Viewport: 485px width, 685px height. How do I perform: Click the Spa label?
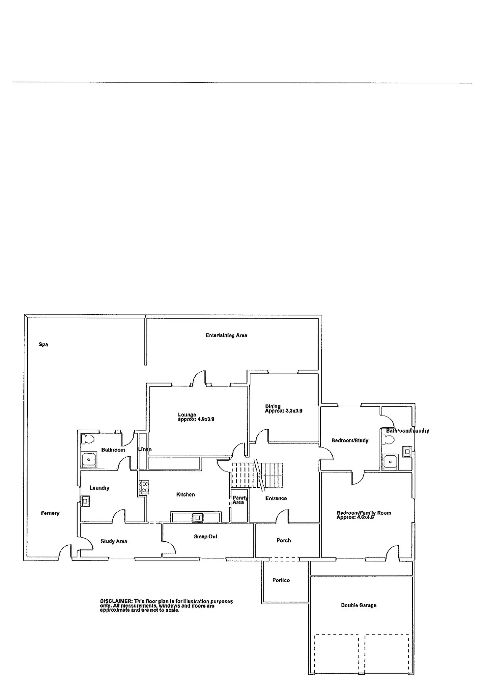[x=43, y=344]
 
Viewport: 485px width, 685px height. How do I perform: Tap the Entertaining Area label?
[x=226, y=335]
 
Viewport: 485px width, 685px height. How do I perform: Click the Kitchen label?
[x=185, y=494]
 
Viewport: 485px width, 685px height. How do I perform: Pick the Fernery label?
[x=50, y=513]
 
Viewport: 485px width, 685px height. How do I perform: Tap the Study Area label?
[x=114, y=541]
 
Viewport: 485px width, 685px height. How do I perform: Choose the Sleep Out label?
[x=206, y=536]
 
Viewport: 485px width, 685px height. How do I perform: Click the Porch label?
[x=284, y=540]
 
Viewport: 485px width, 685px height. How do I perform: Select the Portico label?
[x=281, y=580]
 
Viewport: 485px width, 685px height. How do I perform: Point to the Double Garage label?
[x=358, y=605]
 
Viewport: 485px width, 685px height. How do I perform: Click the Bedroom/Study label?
[x=350, y=440]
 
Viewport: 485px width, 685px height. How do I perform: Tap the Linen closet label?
[x=145, y=449]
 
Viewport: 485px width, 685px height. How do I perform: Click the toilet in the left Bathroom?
[x=88, y=439]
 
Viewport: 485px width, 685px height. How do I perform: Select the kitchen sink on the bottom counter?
[x=197, y=518]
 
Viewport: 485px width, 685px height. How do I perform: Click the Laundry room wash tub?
[x=85, y=501]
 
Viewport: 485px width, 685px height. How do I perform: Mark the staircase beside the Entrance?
[x=257, y=475]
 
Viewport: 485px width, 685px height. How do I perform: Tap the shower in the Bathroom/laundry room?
[x=390, y=462]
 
